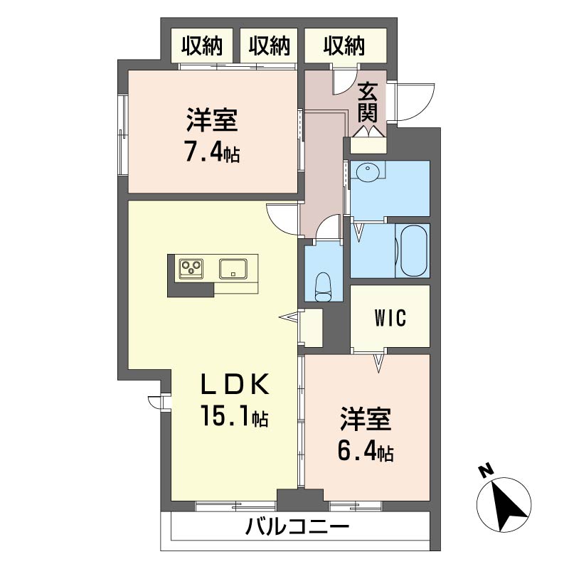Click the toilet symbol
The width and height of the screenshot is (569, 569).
tap(323, 287)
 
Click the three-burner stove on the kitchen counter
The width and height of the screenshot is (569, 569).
tap(191, 269)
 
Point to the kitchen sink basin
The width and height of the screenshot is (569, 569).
tap(233, 269)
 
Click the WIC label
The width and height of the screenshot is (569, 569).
tap(390, 318)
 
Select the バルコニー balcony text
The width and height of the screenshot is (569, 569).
tap(297, 526)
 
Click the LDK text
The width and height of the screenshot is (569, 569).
tap(235, 384)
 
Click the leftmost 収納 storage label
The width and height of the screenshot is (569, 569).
tap(202, 46)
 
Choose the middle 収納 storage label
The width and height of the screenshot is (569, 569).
tap(270, 46)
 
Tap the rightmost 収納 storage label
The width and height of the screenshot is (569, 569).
tap(344, 46)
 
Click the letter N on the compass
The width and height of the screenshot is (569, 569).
tap(486, 470)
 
